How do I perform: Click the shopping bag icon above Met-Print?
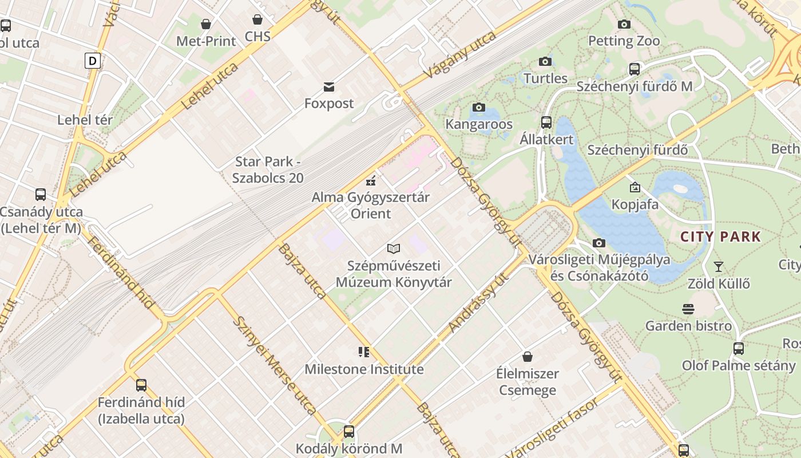205,24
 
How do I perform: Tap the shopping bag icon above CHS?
257,19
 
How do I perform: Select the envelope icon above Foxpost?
329,87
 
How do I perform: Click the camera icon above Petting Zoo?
624,24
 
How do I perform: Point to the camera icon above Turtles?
545,61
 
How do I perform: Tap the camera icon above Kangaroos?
479,107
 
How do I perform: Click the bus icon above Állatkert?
546,122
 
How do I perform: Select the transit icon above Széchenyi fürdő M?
634,69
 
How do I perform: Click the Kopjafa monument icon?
635,187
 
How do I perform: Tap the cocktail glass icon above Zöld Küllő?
719,266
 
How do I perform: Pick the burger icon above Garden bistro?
688,309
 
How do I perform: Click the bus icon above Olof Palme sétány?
739,348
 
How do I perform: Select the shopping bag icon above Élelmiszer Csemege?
528,357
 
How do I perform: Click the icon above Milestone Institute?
364,352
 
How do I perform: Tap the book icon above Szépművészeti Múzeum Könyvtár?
394,248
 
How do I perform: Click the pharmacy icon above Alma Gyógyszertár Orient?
371,181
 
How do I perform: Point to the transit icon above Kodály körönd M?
348,432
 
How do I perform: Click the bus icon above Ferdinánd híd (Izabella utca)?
141,385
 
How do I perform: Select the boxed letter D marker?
92,61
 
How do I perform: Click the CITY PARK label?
720,236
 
